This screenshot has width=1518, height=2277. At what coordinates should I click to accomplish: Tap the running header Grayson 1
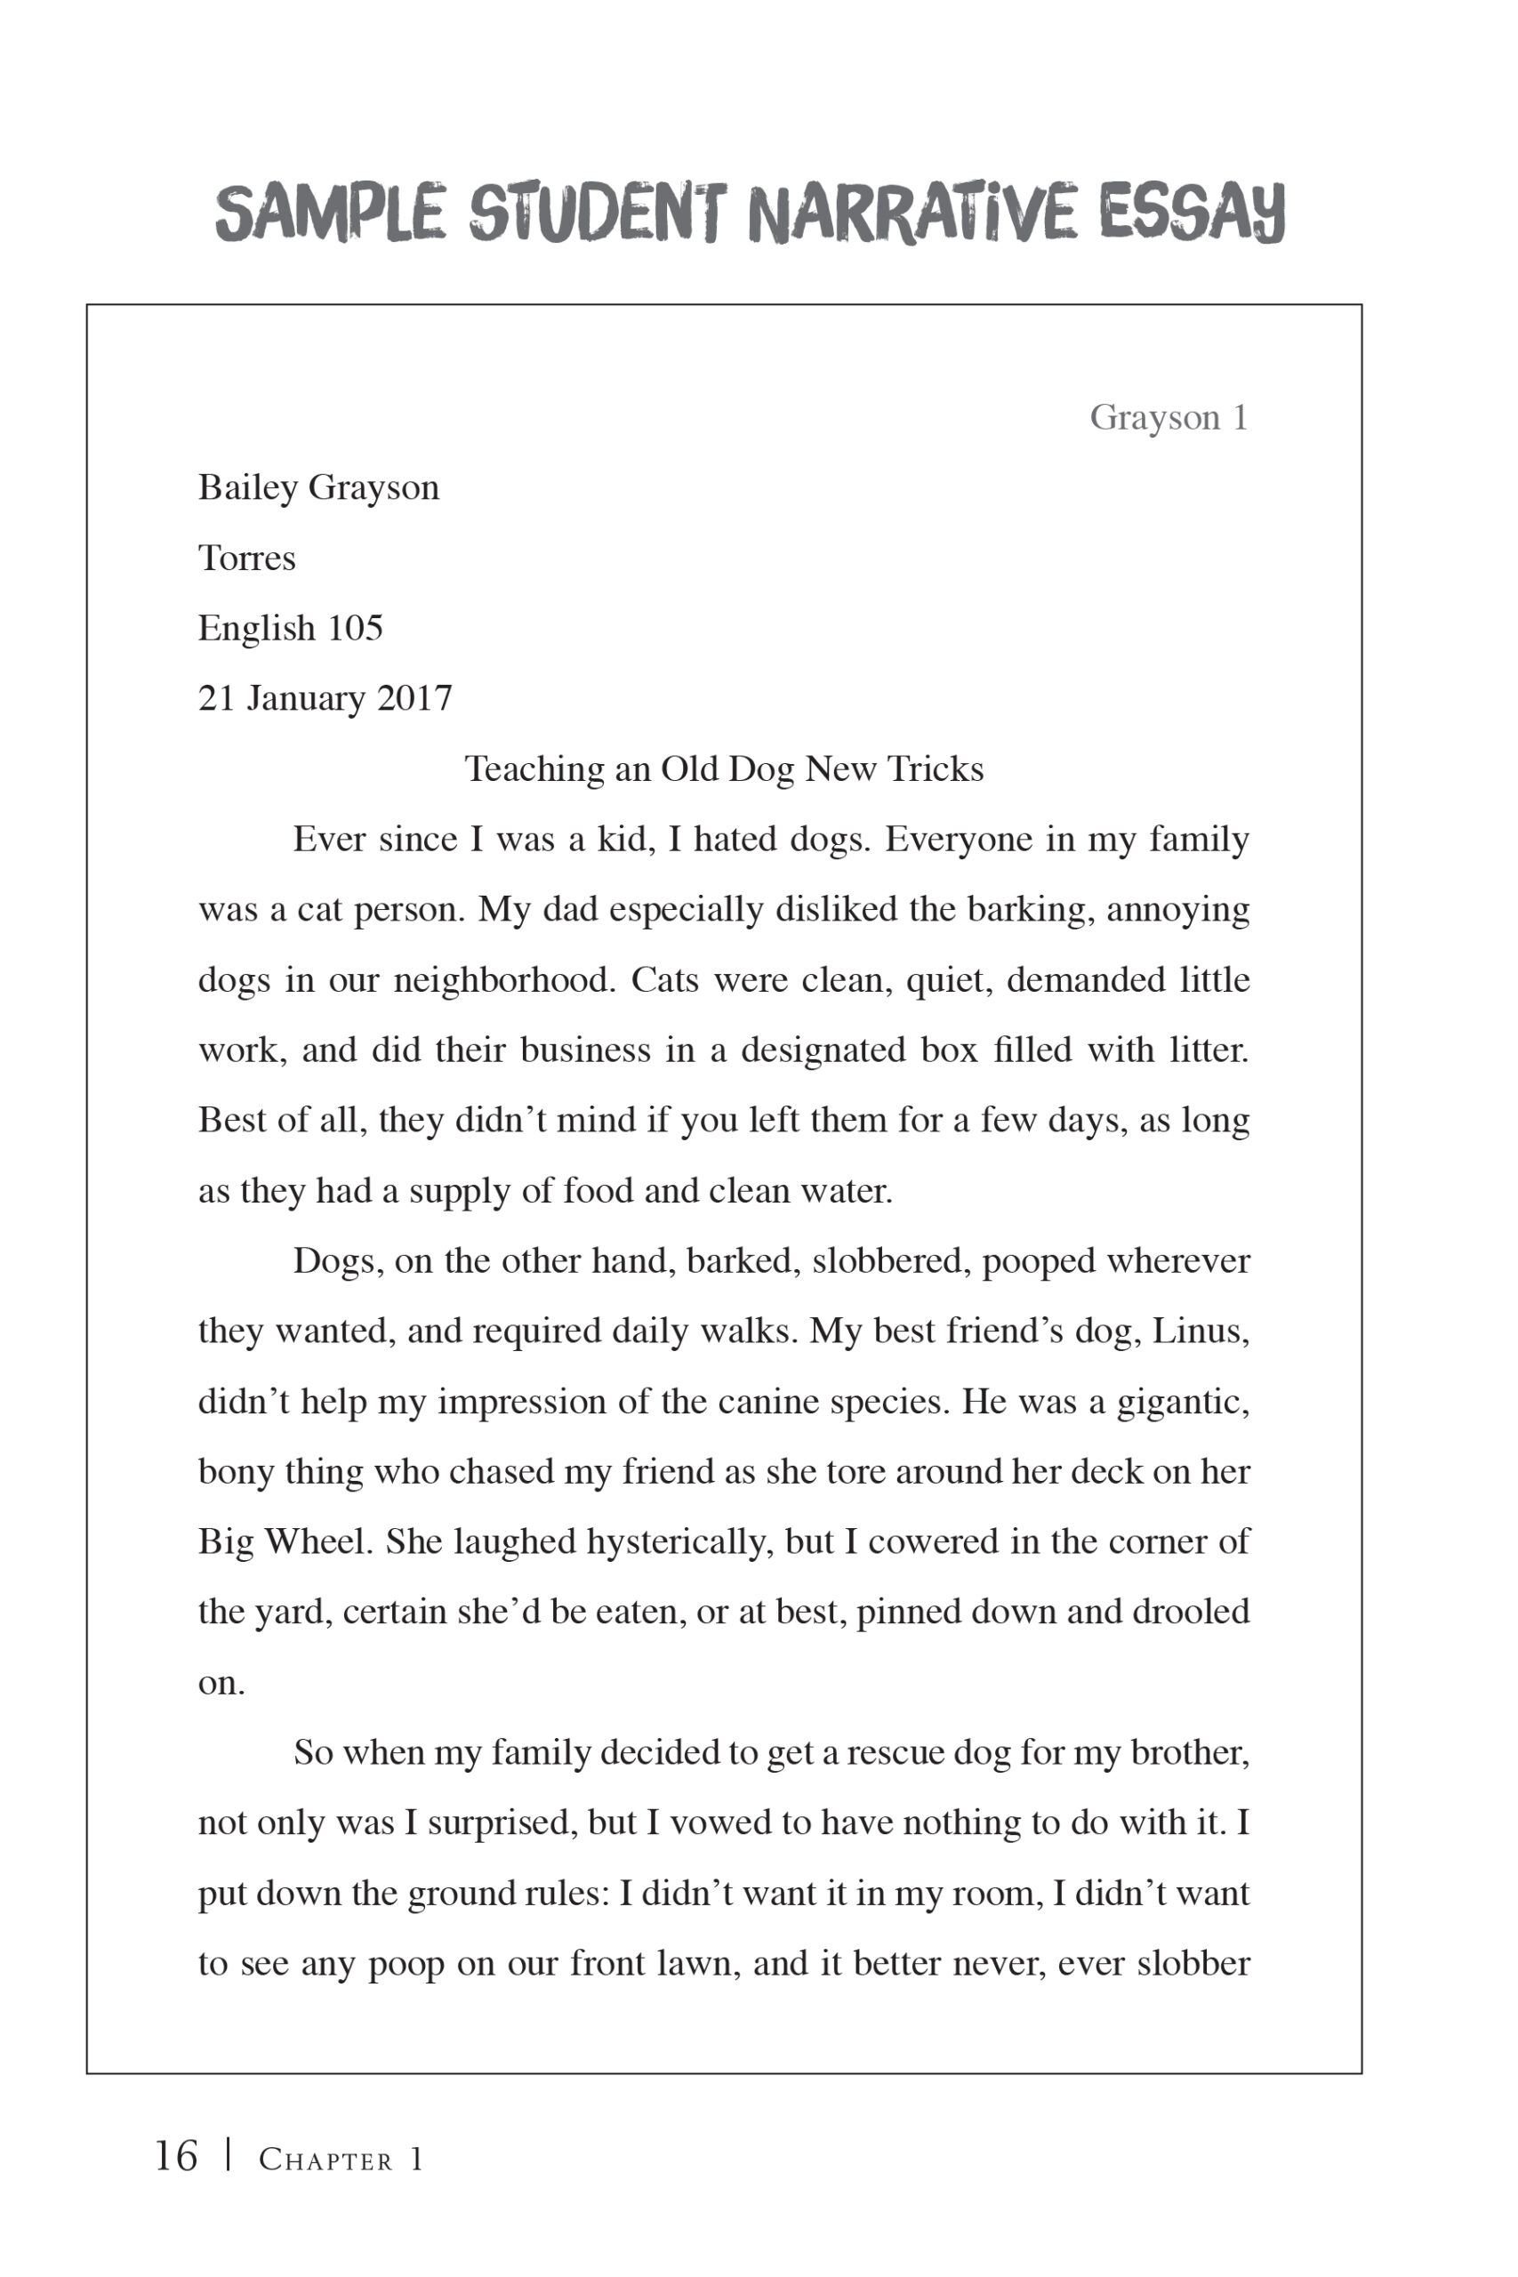tap(1169, 417)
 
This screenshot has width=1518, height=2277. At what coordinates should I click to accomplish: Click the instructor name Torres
tap(247, 558)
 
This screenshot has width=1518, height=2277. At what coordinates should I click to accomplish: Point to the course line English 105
tap(291, 628)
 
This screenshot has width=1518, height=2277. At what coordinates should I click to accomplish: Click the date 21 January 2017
tap(325, 698)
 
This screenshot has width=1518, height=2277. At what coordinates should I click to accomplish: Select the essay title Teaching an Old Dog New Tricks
tap(724, 768)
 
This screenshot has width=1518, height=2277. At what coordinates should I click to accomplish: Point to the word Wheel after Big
tap(318, 1541)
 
